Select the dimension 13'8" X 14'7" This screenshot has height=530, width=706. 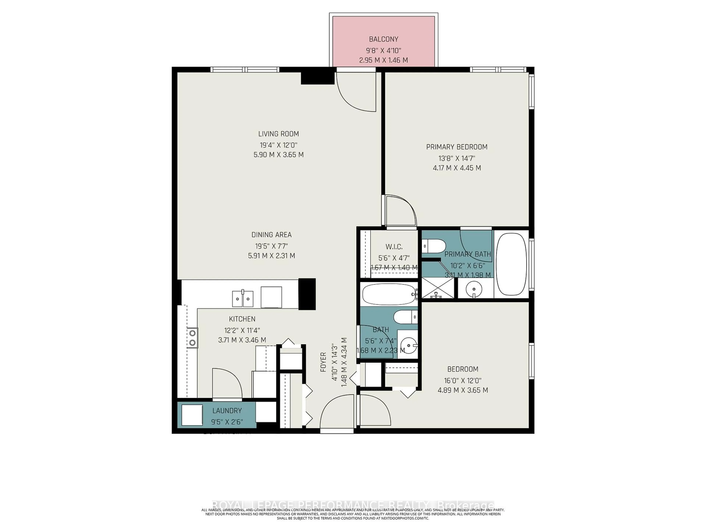tap(457, 158)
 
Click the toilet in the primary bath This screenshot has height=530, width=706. tap(434, 246)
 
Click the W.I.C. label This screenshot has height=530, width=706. tap(394, 247)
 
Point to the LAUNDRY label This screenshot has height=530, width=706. tap(227, 411)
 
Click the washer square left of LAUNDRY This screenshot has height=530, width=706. tap(192, 415)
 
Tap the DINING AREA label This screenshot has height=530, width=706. tap(271, 235)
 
